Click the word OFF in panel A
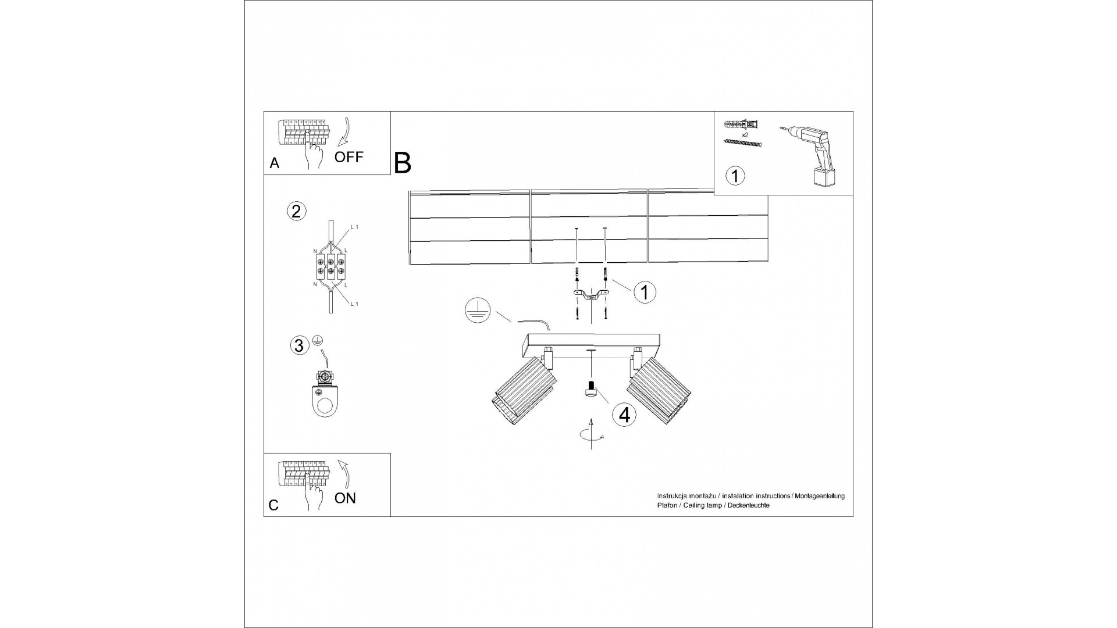point(348,157)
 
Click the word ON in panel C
point(346,498)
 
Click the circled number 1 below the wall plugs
point(735,175)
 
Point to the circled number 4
point(624,415)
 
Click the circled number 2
point(296,211)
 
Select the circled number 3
point(299,346)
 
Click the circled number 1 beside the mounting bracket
point(645,292)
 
